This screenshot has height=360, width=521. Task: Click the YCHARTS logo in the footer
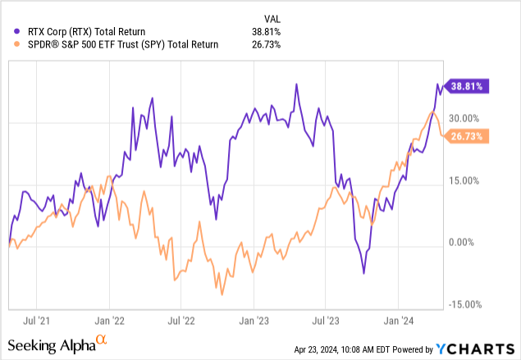pyautogui.click(x=481, y=348)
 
